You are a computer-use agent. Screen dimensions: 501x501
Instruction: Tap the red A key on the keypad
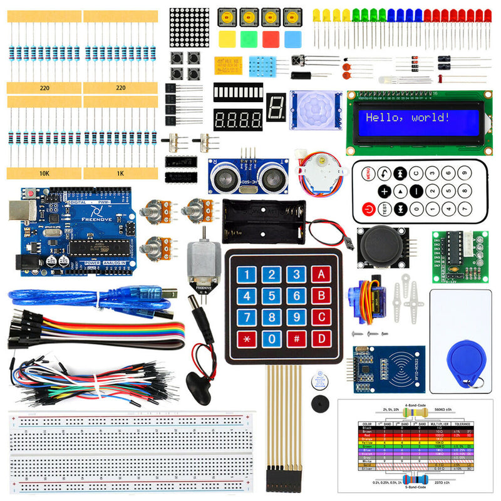tap(321, 274)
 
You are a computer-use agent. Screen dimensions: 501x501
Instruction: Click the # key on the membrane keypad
tap(296, 339)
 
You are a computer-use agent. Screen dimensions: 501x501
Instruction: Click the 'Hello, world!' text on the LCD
tap(407, 117)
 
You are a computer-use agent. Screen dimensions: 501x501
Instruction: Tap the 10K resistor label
tap(44, 173)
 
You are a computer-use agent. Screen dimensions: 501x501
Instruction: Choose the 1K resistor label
tap(120, 173)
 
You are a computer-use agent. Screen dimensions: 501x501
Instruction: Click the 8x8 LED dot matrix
tap(189, 27)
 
